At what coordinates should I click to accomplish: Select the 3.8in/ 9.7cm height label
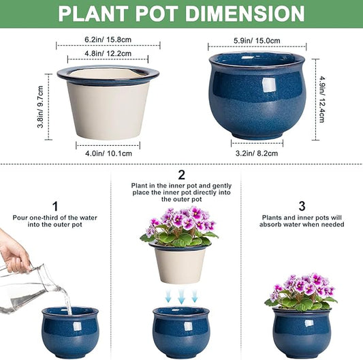pos(40,107)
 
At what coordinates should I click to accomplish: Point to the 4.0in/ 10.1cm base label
pos(108,153)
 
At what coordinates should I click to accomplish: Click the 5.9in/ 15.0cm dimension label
pos(257,40)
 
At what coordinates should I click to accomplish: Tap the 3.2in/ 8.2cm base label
pos(257,153)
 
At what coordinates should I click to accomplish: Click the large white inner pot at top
pos(108,102)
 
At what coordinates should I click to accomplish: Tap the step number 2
pos(181,175)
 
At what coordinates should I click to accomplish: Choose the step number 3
pos(301,204)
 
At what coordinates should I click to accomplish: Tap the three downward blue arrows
pos(180,295)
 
